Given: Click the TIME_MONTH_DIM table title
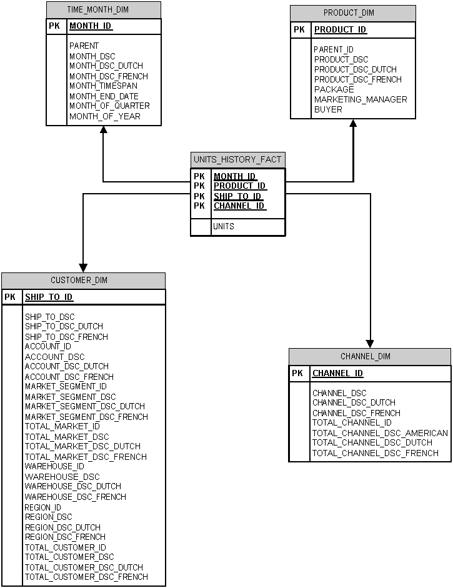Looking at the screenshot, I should (104, 10).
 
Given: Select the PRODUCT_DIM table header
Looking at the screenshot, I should (353, 13).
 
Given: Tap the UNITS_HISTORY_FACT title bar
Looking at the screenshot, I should (237, 160).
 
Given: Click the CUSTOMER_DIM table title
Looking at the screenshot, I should (84, 281).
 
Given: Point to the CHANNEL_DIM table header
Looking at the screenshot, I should (370, 357).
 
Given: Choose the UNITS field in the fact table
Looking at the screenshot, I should (224, 226).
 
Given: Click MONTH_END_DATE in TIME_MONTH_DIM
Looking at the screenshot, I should (104, 96).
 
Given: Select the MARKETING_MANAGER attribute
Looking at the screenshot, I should (361, 99).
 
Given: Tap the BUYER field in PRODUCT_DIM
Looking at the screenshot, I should (328, 109).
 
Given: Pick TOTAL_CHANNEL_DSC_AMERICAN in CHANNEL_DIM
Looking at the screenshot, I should (380, 433).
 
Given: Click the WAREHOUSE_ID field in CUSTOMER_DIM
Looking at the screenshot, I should (54, 467).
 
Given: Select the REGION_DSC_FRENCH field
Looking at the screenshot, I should (65, 537).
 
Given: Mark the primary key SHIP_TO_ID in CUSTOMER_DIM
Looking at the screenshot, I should (49, 297).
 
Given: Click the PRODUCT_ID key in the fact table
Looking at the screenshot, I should (240, 186).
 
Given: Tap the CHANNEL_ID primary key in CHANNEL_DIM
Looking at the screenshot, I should (337, 374).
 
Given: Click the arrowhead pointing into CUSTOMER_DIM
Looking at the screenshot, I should (83, 267).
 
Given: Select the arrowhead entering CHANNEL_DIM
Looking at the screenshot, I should (371, 343).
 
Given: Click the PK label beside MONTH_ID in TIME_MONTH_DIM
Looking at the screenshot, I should (54, 26).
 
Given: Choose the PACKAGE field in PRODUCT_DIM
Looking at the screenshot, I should (334, 89).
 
